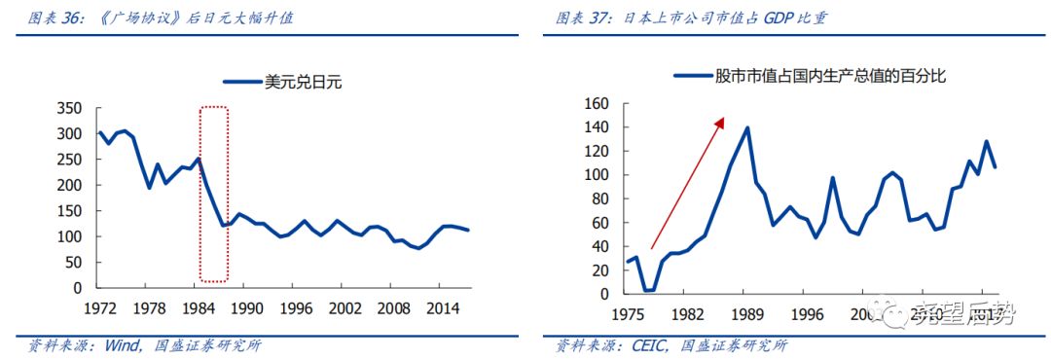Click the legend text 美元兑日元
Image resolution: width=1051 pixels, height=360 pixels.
click(x=303, y=83)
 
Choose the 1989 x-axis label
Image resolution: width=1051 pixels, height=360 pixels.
click(x=747, y=313)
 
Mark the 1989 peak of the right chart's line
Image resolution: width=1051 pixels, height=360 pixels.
click(x=747, y=127)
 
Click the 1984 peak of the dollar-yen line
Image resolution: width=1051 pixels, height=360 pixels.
click(x=199, y=159)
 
